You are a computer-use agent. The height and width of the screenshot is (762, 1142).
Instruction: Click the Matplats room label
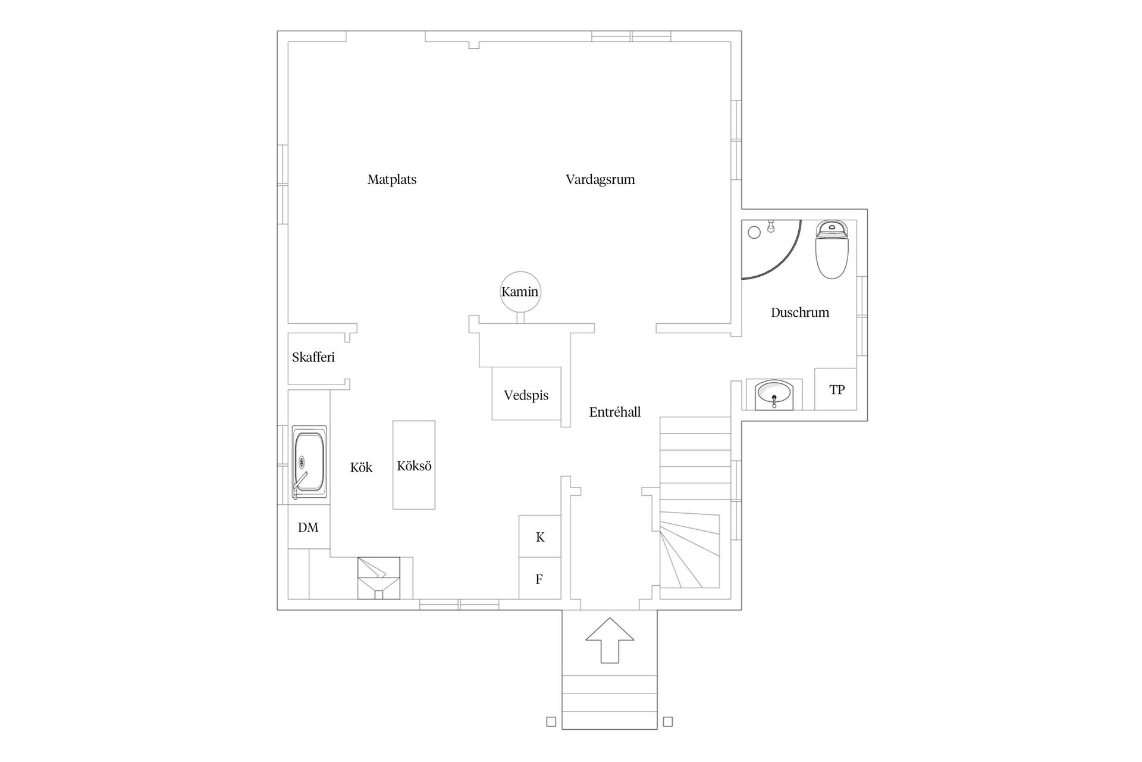392,179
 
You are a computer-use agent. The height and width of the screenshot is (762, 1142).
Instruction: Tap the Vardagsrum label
600,179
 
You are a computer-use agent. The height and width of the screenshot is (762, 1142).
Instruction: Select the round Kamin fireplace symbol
520,291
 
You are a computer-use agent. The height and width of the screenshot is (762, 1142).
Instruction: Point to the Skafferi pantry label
313,357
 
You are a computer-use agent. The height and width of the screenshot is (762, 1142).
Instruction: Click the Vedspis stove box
526,394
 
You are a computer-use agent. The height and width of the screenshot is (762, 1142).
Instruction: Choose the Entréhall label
615,412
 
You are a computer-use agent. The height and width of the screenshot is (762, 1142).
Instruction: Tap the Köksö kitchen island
414,465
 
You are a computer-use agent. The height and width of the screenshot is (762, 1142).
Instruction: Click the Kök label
361,467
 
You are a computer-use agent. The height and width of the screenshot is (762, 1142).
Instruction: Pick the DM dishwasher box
309,527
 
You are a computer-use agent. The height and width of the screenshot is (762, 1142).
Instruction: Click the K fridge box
540,536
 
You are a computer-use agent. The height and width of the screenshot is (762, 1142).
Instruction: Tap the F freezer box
539,579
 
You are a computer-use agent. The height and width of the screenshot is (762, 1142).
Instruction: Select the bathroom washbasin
773,394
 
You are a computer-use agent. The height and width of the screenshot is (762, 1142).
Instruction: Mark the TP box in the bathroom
836,389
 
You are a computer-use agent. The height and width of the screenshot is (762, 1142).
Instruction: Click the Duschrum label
800,313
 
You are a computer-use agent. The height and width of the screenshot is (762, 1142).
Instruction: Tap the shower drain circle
754,233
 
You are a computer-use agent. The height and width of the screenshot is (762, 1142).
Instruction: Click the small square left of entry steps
551,722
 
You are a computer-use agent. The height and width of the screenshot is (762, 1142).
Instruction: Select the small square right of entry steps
668,722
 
